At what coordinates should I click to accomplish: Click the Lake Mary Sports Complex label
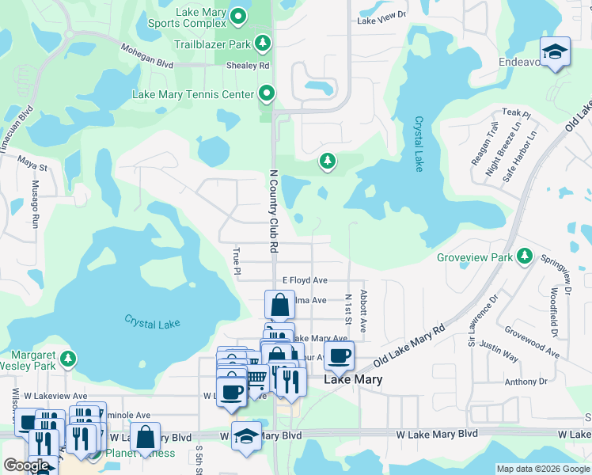click(187, 18)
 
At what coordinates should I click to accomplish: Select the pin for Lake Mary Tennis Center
click(267, 94)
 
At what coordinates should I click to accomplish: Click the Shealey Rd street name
click(247, 66)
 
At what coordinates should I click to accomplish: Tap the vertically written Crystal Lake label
click(418, 144)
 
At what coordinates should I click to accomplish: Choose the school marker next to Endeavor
click(556, 52)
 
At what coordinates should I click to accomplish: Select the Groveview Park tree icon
click(523, 256)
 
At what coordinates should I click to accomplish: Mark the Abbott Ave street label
click(363, 310)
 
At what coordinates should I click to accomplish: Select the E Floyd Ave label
click(305, 280)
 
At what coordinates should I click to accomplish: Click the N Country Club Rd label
click(273, 211)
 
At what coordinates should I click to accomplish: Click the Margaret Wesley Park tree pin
click(68, 359)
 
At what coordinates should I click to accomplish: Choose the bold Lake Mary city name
click(353, 380)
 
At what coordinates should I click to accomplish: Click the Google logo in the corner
click(25, 465)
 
